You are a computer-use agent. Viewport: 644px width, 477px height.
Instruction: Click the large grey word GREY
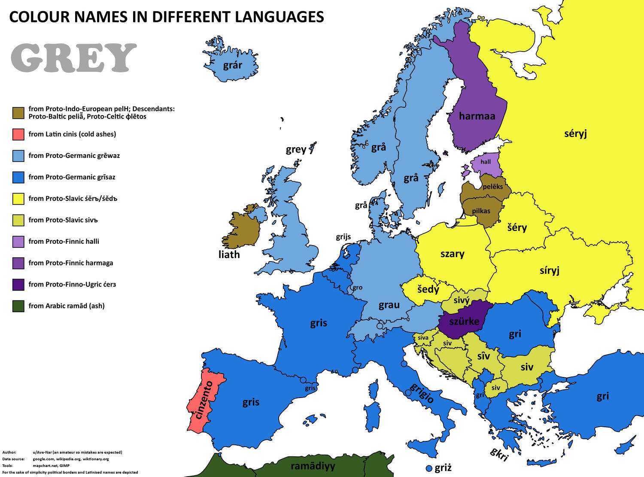click(x=73, y=58)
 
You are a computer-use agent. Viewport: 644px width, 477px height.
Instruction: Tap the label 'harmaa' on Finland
click(x=477, y=116)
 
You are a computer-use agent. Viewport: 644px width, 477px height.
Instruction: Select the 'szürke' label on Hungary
click(x=464, y=321)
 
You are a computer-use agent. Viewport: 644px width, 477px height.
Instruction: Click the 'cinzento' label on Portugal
click(x=203, y=400)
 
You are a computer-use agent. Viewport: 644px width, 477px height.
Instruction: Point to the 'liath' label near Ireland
click(x=229, y=255)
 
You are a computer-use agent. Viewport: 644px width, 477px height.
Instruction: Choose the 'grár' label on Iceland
click(x=232, y=65)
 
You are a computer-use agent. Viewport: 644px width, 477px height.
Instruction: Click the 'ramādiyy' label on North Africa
click(x=313, y=466)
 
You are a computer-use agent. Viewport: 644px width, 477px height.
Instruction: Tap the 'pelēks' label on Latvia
click(x=492, y=187)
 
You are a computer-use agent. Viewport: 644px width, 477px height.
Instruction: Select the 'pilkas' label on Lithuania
click(x=481, y=211)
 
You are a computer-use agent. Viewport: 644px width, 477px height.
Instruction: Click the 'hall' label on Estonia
click(x=486, y=162)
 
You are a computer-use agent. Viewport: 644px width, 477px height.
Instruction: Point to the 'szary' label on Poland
click(x=452, y=254)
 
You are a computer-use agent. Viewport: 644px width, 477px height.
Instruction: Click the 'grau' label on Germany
click(x=389, y=305)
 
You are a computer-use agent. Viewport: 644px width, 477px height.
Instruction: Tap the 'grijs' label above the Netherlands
click(x=343, y=237)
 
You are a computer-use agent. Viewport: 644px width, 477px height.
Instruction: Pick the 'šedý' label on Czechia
click(x=428, y=289)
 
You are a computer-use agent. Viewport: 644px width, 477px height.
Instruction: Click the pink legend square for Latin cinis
click(x=18, y=134)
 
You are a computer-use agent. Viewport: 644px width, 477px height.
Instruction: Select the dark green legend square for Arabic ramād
click(x=18, y=306)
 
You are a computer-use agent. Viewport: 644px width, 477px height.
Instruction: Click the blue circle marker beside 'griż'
click(x=428, y=468)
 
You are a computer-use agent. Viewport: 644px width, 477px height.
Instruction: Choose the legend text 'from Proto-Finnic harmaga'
click(x=71, y=263)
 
